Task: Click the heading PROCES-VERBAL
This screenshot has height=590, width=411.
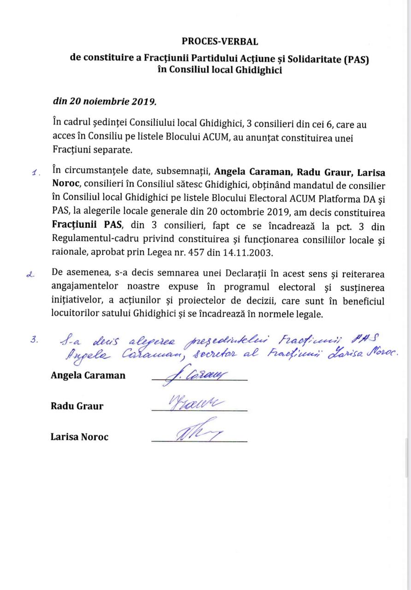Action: tap(220, 41)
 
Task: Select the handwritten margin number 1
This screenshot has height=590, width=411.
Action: tap(35, 174)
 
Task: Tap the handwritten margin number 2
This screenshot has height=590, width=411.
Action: tap(32, 275)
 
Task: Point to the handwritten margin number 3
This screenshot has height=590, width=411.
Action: tap(34, 340)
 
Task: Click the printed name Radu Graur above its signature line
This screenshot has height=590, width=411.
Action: tap(77, 406)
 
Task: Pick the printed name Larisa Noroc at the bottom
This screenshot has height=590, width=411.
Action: tap(79, 437)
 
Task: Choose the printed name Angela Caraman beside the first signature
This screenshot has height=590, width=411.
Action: tap(88, 375)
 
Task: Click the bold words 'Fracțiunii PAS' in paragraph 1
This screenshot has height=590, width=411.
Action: tap(79, 227)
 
